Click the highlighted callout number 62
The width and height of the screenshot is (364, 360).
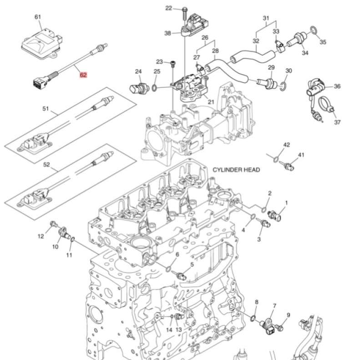[83, 75]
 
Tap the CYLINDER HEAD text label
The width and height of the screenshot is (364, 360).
[236, 170]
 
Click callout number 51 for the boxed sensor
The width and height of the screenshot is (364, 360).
[45, 109]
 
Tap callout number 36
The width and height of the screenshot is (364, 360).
[337, 86]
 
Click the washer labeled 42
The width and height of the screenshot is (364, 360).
[275, 159]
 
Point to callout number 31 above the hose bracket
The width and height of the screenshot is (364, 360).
[266, 18]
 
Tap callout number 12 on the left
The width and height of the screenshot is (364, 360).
[41, 235]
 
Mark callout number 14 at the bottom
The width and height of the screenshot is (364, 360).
[169, 329]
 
